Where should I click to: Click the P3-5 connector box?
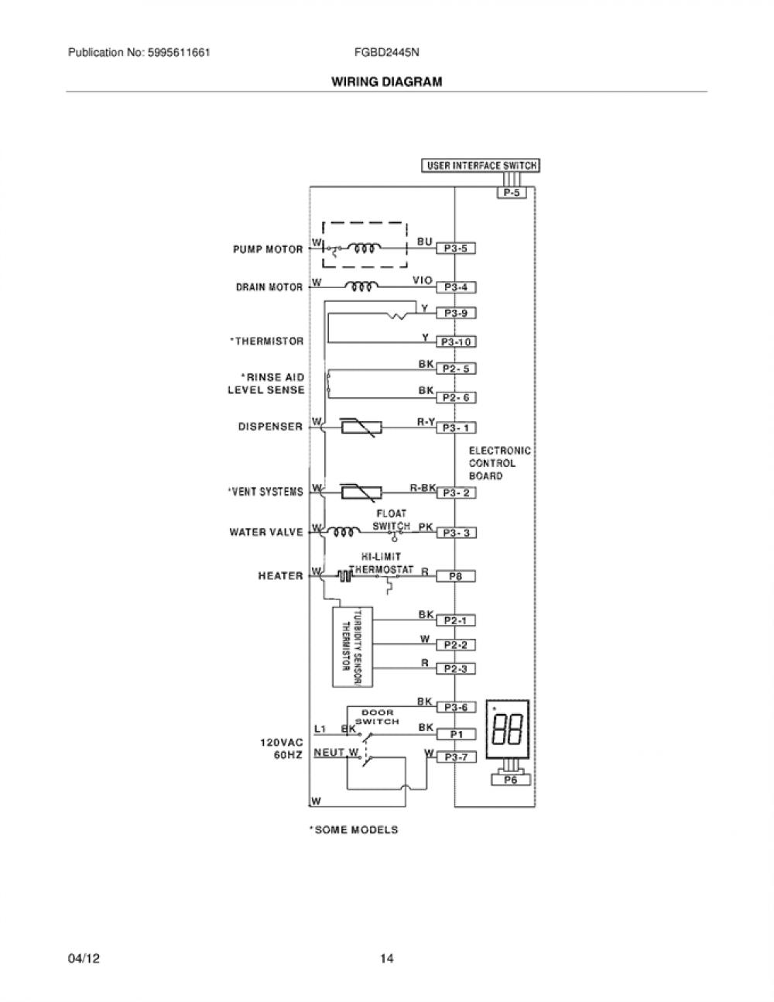click(x=456, y=249)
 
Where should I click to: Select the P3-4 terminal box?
click(x=456, y=287)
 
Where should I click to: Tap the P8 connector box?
click(x=456, y=576)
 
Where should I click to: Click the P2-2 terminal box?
click(x=456, y=644)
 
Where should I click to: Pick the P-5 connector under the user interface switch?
click(x=512, y=193)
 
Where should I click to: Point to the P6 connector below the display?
click(x=511, y=780)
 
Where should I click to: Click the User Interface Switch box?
click(x=481, y=166)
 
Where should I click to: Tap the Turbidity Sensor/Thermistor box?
click(x=352, y=647)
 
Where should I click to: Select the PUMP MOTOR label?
click(x=268, y=249)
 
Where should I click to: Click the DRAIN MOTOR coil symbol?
click(x=362, y=287)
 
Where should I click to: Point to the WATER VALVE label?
click(x=266, y=532)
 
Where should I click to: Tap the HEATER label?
click(x=280, y=576)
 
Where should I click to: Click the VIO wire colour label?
click(x=423, y=280)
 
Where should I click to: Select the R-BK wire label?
click(x=423, y=487)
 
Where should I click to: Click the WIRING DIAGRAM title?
click(x=387, y=82)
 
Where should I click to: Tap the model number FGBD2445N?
click(x=386, y=53)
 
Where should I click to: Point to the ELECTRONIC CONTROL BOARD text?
click(x=500, y=463)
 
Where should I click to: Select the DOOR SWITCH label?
click(x=377, y=717)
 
